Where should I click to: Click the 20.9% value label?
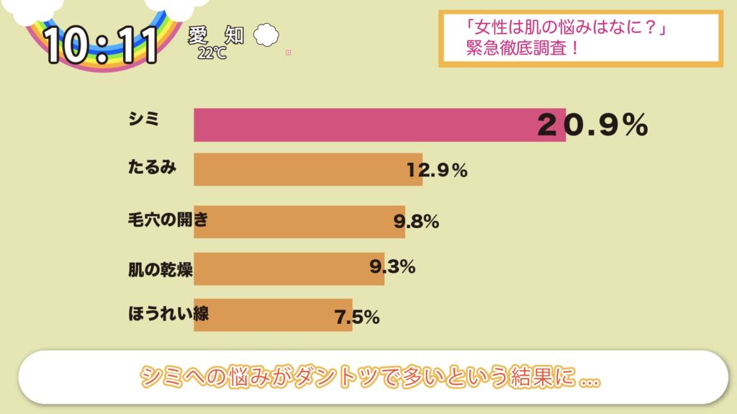click(592, 126)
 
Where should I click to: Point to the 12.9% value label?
click(437, 171)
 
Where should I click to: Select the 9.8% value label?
click(416, 222)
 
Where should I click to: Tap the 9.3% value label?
click(392, 267)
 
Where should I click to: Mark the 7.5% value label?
click(357, 316)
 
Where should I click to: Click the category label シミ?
click(143, 120)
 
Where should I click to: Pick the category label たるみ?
click(151, 167)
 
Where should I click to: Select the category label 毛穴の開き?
click(168, 220)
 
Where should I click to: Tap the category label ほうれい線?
click(168, 313)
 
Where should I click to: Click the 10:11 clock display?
click(101, 45)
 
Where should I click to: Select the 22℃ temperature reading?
click(212, 53)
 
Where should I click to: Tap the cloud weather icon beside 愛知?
click(266, 34)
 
